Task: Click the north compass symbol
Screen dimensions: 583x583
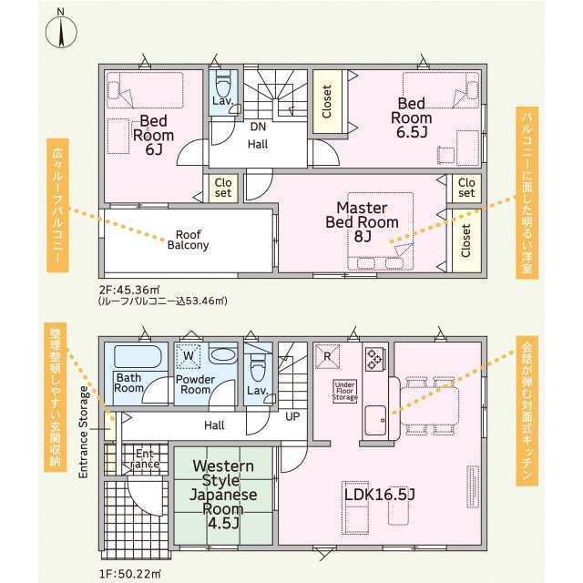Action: (x=61, y=31)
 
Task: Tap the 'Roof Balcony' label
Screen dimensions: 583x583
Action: (x=189, y=240)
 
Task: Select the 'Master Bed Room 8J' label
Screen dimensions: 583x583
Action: (x=363, y=221)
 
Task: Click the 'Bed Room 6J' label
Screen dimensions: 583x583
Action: (x=154, y=135)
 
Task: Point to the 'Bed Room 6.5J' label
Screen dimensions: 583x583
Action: (x=411, y=118)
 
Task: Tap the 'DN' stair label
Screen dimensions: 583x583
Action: (x=258, y=127)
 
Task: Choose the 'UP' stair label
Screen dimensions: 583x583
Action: (x=292, y=416)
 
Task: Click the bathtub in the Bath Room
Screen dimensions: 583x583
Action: (x=138, y=357)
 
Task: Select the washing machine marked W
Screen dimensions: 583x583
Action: (x=189, y=356)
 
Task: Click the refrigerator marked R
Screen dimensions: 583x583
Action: (x=327, y=356)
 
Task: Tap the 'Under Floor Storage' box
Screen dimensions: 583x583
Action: (x=344, y=391)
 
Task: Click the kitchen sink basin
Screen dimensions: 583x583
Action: (x=375, y=420)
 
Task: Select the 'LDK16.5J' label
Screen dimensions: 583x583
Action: (x=379, y=495)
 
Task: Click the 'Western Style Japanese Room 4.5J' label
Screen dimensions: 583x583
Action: (x=223, y=494)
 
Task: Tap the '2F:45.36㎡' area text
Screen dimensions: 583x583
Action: (x=129, y=290)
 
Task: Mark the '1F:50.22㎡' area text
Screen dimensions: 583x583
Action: (x=129, y=574)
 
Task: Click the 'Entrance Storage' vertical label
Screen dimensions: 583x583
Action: (x=84, y=432)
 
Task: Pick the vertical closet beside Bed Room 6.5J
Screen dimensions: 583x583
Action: (x=327, y=101)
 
